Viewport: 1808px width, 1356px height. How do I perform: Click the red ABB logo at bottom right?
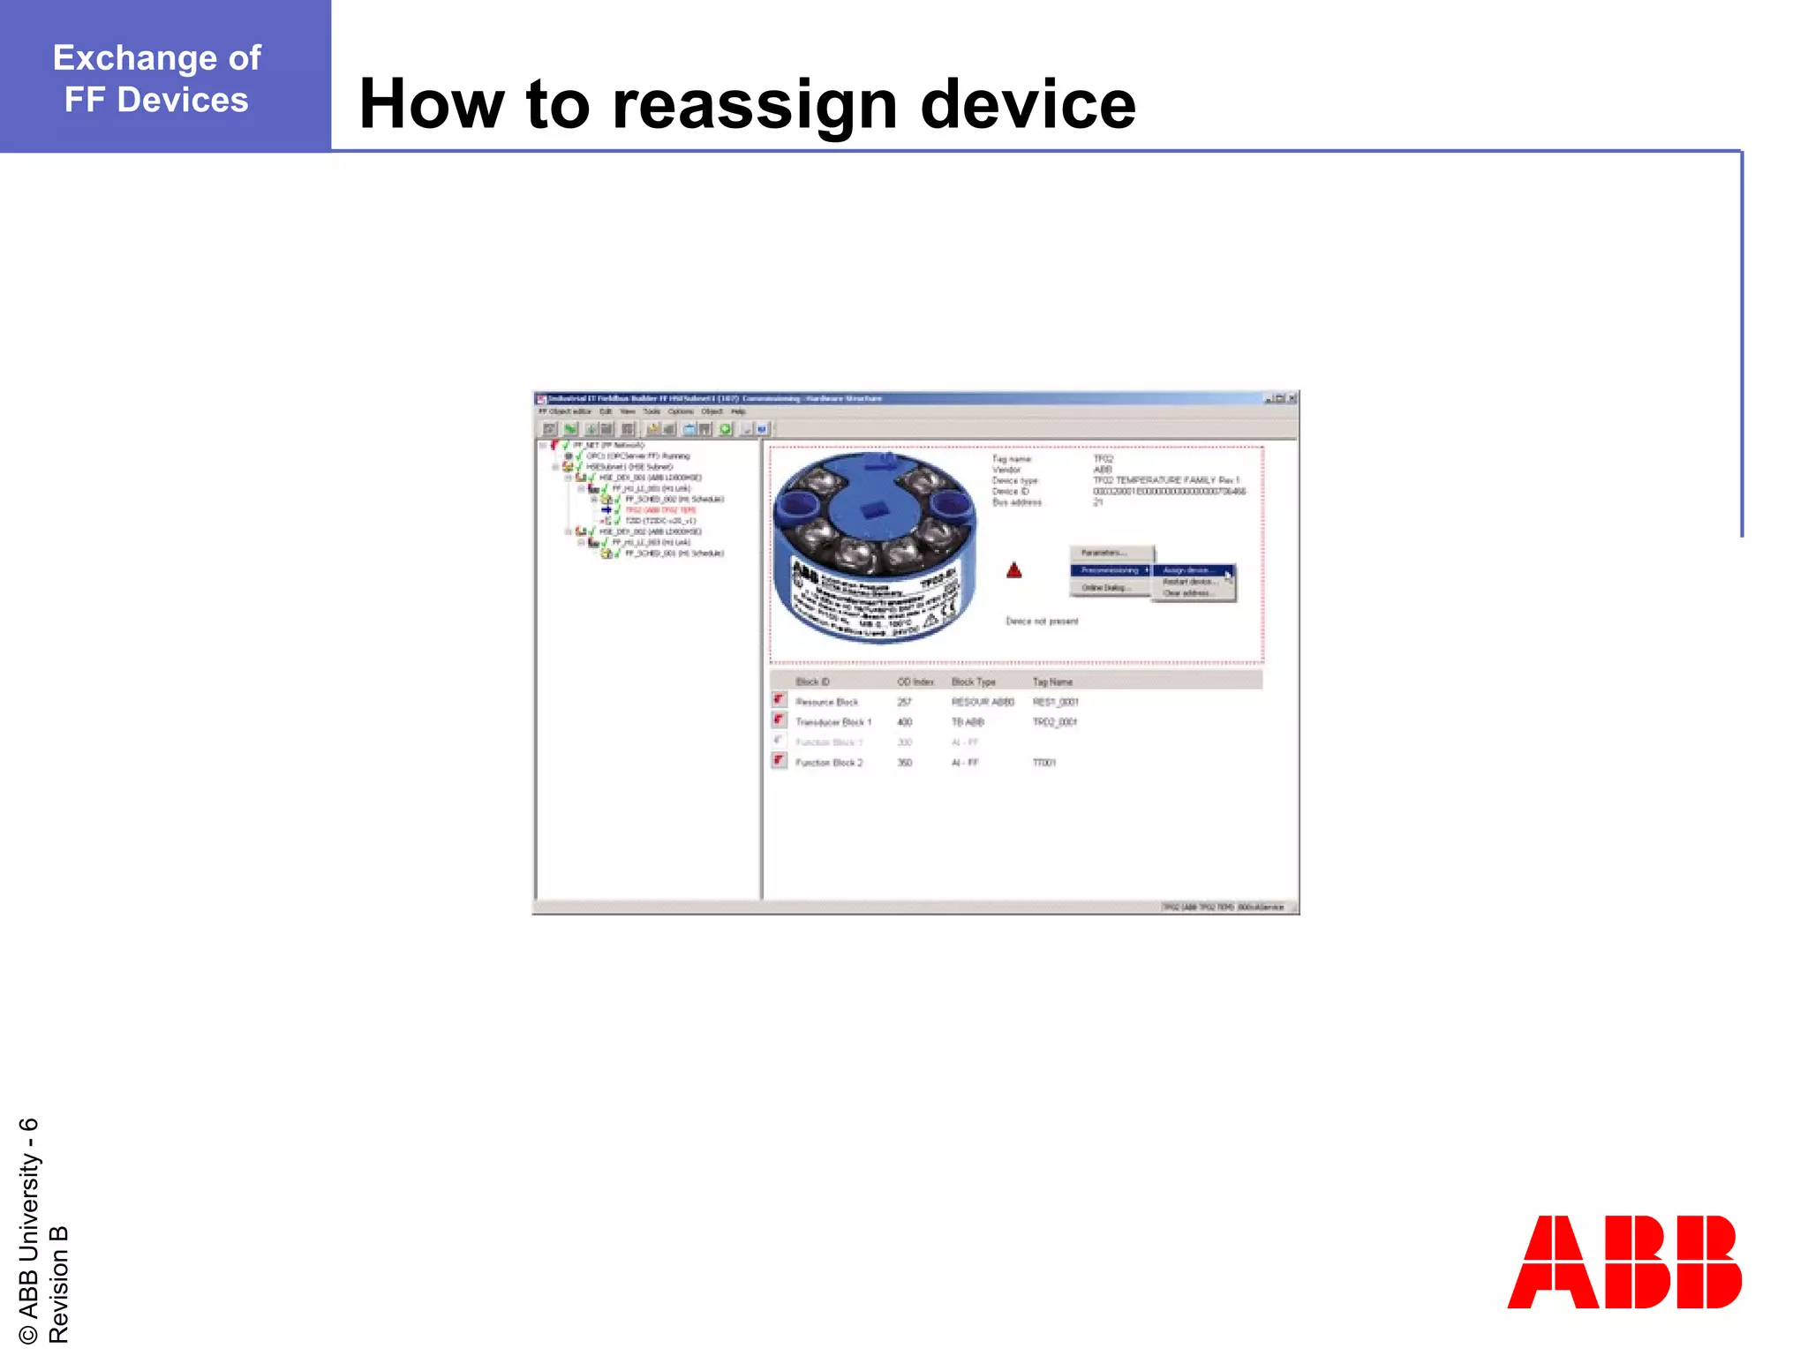(x=1623, y=1262)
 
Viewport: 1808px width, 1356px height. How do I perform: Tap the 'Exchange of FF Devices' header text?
(x=157, y=79)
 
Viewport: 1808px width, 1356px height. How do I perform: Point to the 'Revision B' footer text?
(x=58, y=1284)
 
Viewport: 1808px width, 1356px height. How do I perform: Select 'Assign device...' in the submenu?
(x=1188, y=570)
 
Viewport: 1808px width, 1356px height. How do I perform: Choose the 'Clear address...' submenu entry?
(x=1186, y=593)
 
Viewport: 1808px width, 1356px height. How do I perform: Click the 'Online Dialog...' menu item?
(x=1104, y=588)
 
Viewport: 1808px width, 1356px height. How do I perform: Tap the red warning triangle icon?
(x=1014, y=571)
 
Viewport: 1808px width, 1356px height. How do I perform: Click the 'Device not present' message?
(x=1042, y=621)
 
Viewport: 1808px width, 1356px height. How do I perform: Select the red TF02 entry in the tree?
(x=660, y=510)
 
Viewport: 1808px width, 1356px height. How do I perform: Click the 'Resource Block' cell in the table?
(x=826, y=702)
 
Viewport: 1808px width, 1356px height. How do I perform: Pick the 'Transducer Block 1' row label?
(x=832, y=722)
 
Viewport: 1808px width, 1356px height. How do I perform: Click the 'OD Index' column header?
(x=915, y=682)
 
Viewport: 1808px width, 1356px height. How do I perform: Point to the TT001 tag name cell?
(x=1044, y=763)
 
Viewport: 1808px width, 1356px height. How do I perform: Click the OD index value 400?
(x=904, y=722)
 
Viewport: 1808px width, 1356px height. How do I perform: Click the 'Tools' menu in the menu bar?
(x=652, y=411)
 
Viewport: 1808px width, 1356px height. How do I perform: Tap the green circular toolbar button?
(x=726, y=429)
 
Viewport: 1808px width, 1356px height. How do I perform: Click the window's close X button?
(x=1292, y=399)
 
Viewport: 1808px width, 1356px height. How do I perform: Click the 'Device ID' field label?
(x=1011, y=492)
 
